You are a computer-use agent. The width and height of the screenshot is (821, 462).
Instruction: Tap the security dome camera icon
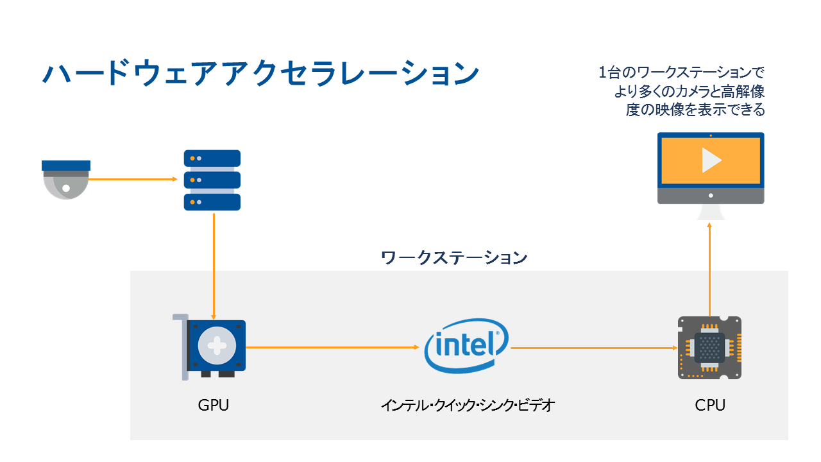[65, 179]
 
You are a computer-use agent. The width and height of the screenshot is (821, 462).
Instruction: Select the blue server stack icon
[212, 180]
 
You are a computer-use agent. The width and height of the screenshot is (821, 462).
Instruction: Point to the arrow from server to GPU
[213, 266]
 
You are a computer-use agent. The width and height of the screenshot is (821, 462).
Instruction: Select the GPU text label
[214, 406]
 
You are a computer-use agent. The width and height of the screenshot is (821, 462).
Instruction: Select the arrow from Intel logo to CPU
[593, 348]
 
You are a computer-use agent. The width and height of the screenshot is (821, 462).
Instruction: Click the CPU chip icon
[710, 347]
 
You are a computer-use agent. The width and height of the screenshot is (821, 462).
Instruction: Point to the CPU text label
[710, 406]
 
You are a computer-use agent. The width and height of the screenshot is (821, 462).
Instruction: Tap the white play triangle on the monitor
[711, 160]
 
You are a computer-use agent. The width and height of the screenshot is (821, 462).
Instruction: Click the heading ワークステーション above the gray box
[454, 258]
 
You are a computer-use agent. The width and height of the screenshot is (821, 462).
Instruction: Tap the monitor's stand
[711, 212]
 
